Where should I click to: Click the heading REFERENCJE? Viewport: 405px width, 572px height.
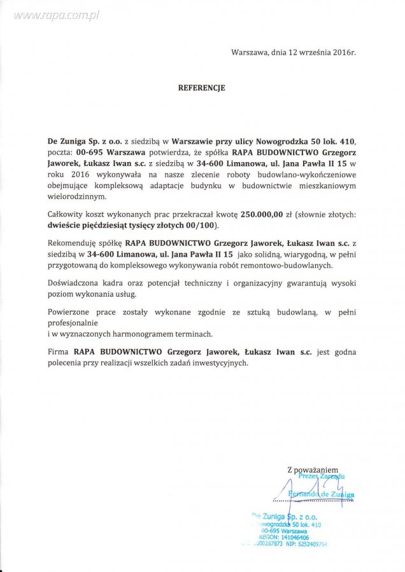point(201,89)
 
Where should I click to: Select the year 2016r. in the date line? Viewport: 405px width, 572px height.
point(342,53)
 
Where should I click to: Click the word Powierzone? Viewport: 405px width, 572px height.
point(69,312)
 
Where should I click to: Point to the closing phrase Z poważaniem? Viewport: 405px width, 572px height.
point(313,468)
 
